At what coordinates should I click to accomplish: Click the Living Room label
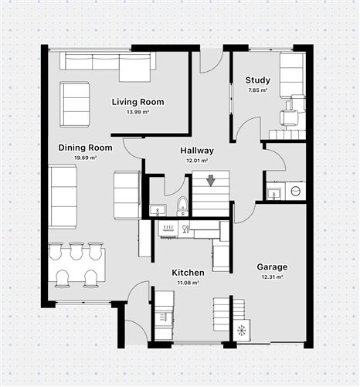[x=138, y=102]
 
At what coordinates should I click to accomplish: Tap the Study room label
[x=257, y=80]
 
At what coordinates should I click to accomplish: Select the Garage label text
[x=272, y=266]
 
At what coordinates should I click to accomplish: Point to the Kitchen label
[x=188, y=273]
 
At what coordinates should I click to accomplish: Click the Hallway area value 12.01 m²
[x=197, y=160]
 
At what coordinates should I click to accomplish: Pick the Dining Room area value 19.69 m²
[x=85, y=158]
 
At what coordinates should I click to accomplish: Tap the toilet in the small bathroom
[x=182, y=205]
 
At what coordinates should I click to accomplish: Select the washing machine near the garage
[x=295, y=191]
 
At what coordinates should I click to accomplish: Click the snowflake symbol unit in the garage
[x=242, y=331]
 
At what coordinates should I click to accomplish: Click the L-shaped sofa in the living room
[x=108, y=66]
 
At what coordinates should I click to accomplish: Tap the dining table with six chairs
[x=76, y=264]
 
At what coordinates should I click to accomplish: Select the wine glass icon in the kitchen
[x=185, y=228]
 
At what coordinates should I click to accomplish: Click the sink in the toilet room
[x=157, y=209]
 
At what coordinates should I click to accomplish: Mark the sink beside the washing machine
[x=273, y=192]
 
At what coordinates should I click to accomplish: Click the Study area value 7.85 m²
[x=257, y=90]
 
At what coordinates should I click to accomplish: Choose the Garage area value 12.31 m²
[x=272, y=277]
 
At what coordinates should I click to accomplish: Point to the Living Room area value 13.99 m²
[x=138, y=112]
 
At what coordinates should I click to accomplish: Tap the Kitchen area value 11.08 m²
[x=188, y=283]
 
